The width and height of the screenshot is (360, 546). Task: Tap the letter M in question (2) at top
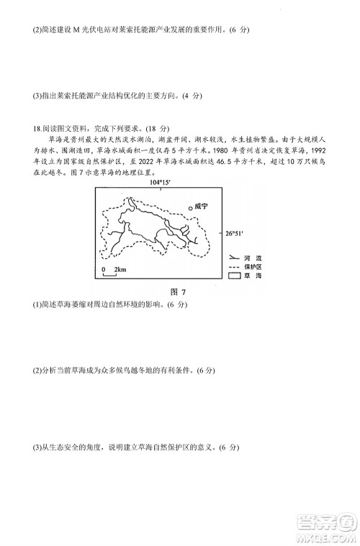coord(74,29)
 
